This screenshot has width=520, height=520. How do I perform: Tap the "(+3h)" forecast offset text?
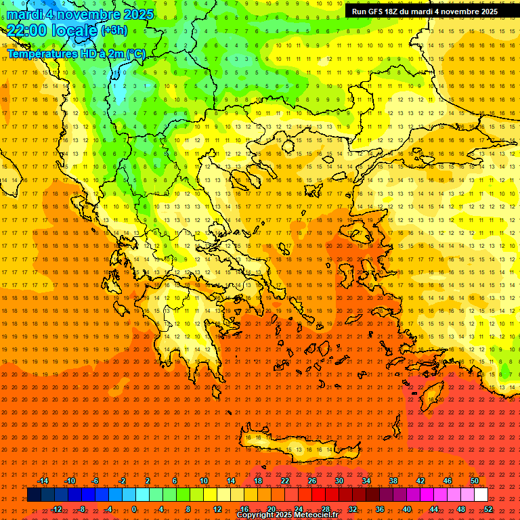pyautogui.click(x=113, y=30)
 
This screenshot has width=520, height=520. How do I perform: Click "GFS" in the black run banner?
pyautogui.click(x=378, y=12)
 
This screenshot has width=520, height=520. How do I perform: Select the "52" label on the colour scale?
pyautogui.click(x=488, y=508)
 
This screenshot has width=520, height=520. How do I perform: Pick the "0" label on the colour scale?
pyautogui.click(x=134, y=508)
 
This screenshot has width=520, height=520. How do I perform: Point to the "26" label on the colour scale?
pyautogui.click(x=312, y=481)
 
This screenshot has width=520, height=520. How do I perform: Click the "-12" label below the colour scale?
pyautogui.click(x=56, y=508)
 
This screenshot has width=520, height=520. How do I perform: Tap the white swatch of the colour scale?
pyautogui.click(x=481, y=495)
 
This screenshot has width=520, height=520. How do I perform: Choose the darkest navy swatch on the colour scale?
pyautogui.click(x=34, y=495)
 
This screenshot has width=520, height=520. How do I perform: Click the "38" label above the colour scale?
pyautogui.click(x=393, y=481)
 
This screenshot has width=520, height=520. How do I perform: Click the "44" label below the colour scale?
pyautogui.click(x=434, y=508)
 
